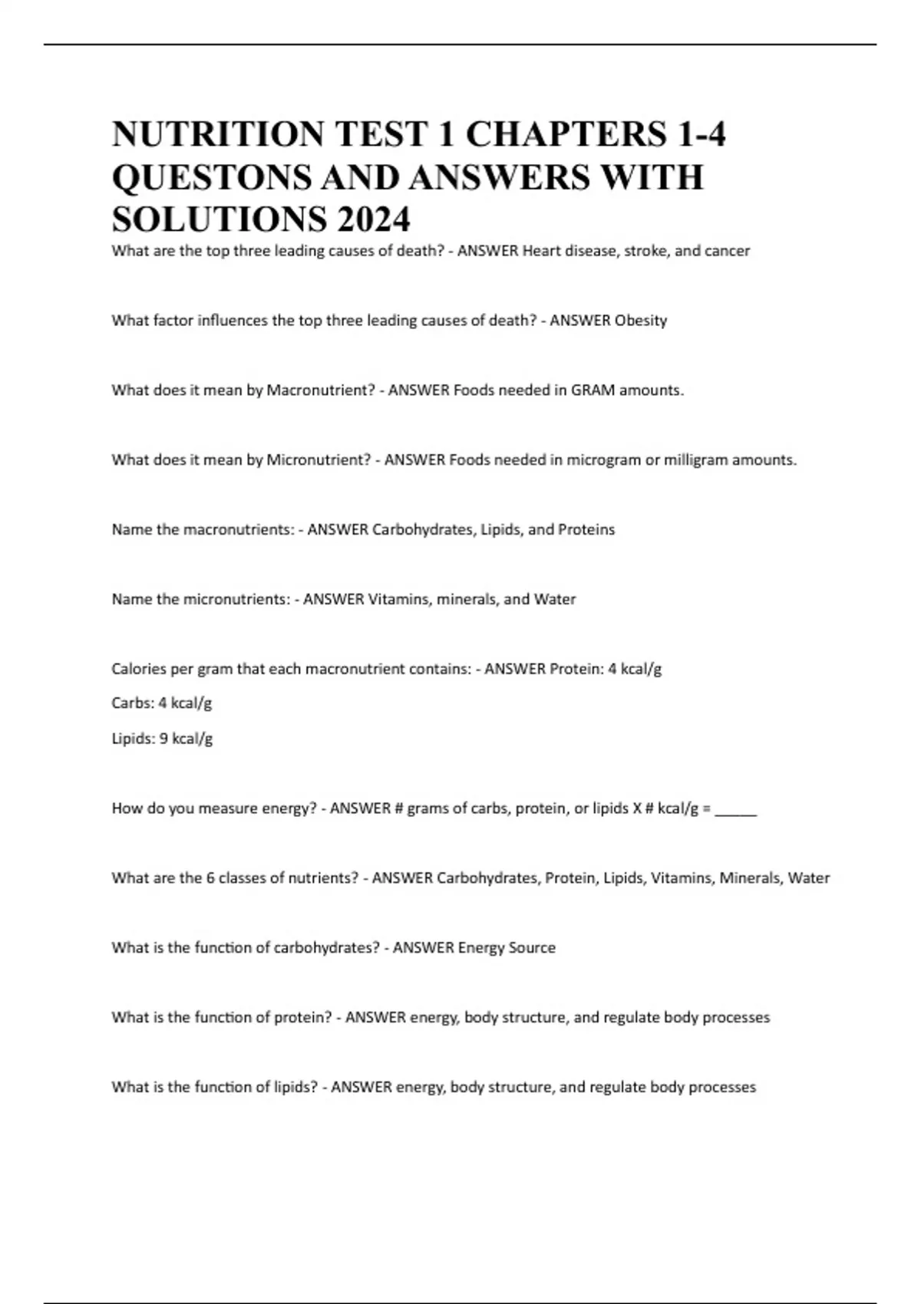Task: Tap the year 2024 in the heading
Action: click(372, 219)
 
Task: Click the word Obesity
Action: click(641, 321)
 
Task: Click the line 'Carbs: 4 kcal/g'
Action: click(162, 703)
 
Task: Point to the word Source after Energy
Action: click(530, 948)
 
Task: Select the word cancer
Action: click(724, 251)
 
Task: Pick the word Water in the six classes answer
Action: click(809, 878)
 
